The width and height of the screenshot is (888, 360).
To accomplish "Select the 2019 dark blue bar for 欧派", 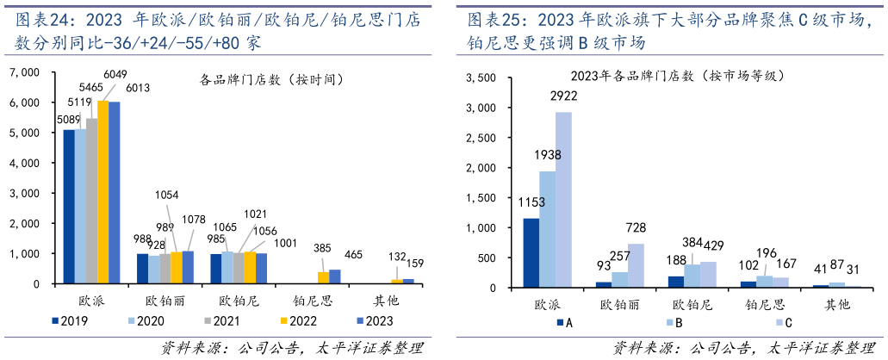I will tap(69, 207).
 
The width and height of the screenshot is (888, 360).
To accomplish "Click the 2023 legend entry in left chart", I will tap(369, 320).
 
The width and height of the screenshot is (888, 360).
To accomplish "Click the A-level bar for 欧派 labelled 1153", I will tap(531, 253).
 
